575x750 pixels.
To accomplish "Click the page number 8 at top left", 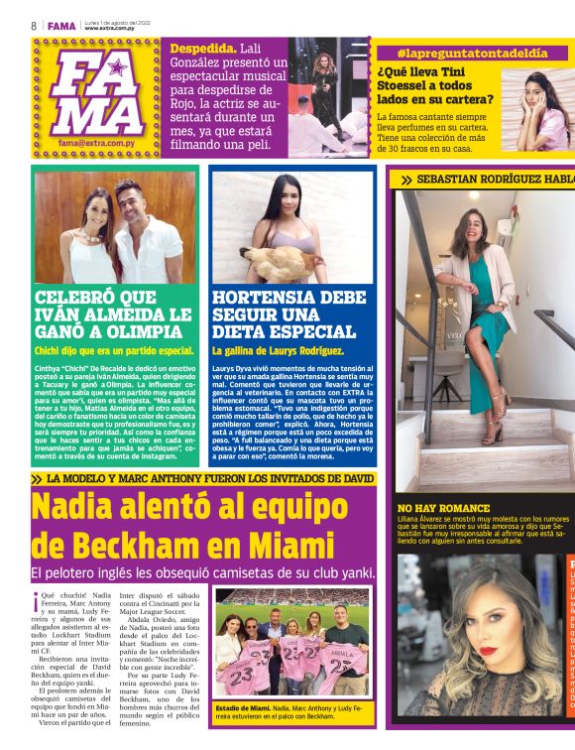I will click(x=34, y=25).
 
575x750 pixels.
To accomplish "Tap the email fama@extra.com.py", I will click(x=96, y=143).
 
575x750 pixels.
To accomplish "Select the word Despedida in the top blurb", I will click(x=203, y=48).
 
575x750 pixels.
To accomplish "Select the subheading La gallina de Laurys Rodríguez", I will click(x=277, y=350).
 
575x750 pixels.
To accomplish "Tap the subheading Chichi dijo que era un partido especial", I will click(x=114, y=350).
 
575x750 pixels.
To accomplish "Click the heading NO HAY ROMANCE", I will click(x=443, y=508).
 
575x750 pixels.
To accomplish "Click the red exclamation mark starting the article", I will click(x=37, y=598).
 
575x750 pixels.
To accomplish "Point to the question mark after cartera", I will click(x=490, y=99).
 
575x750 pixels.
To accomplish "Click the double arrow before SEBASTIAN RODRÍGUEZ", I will click(x=405, y=180).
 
